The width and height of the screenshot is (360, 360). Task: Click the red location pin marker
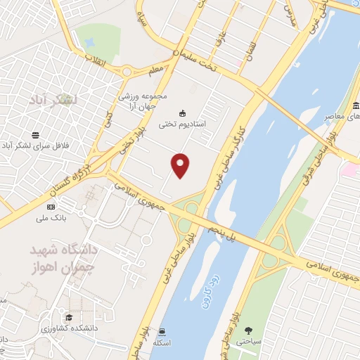181,165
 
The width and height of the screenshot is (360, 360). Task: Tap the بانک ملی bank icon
51,207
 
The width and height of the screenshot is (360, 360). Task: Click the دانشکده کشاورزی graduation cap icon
69,317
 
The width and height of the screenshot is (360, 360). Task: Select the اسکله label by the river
163,342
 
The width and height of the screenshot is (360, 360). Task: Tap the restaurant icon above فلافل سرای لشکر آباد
34,135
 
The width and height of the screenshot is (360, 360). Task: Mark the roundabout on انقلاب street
127,72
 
